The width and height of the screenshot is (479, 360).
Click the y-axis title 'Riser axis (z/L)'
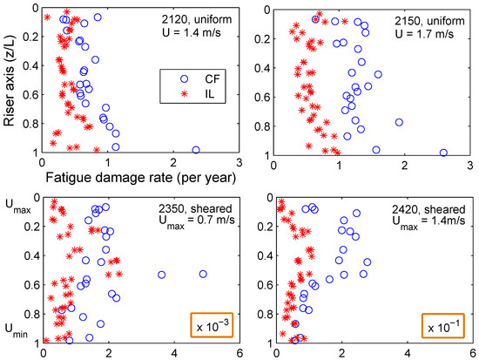pyautogui.click(x=10, y=80)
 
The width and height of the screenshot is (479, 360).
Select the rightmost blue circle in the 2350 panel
pyautogui.click(x=204, y=274)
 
